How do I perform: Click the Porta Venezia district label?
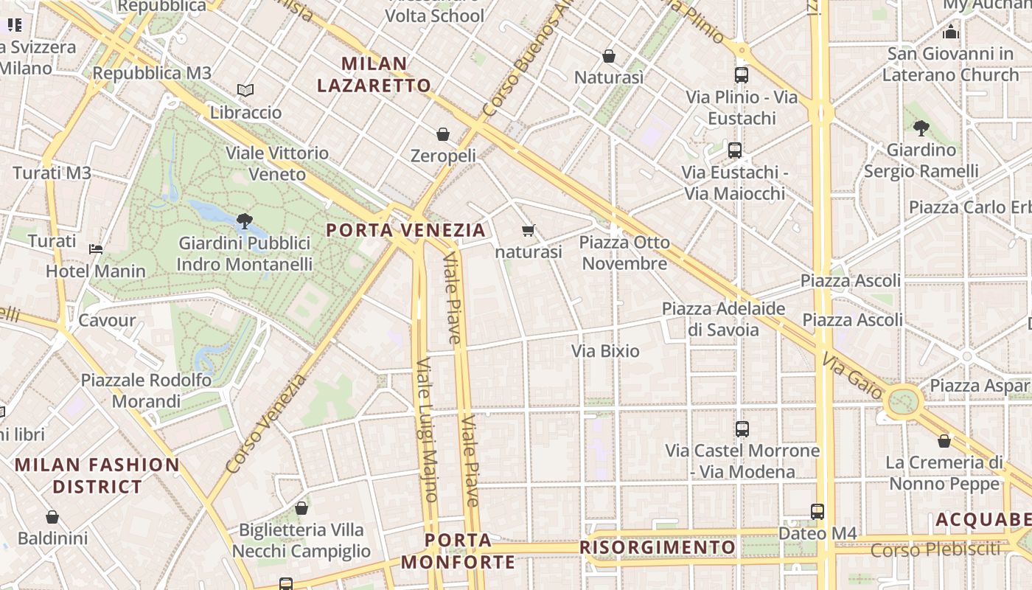point(406,230)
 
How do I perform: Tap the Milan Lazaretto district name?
point(374,74)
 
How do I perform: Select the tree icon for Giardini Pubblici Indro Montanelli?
point(244,221)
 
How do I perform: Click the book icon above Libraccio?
point(245,91)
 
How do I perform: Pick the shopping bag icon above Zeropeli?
point(443,133)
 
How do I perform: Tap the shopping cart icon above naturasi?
point(528,231)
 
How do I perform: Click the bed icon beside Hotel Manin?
point(96,249)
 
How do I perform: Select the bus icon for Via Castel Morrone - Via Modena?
point(742,428)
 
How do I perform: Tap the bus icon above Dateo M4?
point(817,511)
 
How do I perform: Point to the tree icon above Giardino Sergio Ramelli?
point(921,128)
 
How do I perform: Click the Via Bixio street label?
point(605,351)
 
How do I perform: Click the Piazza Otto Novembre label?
point(624,253)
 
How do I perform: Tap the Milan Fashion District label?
point(97,476)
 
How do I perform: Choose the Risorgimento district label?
point(658,547)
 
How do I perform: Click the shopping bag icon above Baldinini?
point(52,517)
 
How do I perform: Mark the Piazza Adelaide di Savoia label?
point(723,319)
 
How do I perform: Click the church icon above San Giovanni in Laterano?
point(951,32)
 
